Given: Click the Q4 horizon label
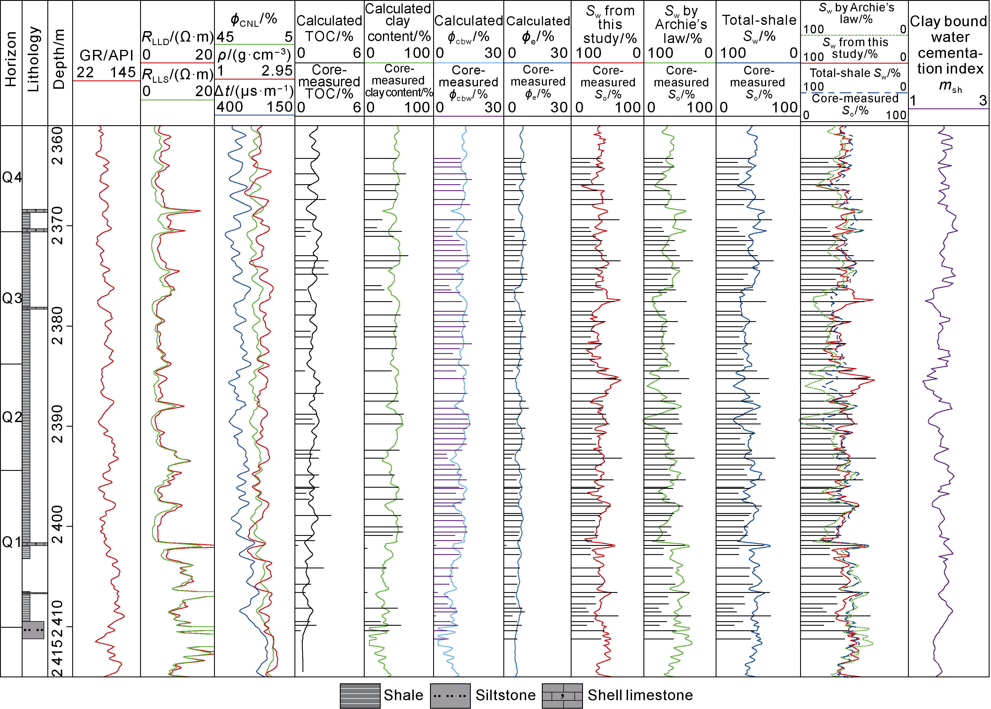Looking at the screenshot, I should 12,177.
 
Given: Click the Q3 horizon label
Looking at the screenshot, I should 12,298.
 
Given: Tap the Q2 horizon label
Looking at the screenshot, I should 12,417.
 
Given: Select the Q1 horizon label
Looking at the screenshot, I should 12,542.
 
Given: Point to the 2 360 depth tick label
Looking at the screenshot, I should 58,146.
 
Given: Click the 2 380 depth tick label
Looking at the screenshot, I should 58,326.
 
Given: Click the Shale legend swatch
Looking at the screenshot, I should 360,696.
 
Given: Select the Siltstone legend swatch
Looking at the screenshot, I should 450,696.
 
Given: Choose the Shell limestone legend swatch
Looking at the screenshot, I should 562,696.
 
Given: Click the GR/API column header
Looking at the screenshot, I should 106,55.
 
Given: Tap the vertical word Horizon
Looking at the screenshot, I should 11,59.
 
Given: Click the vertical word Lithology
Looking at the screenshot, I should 34,59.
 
